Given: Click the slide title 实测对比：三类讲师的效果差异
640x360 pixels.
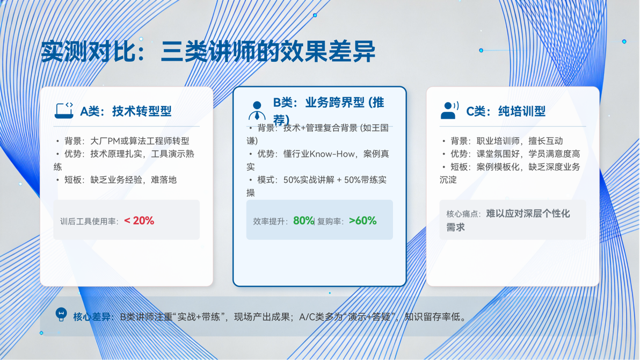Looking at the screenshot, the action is coord(208,52).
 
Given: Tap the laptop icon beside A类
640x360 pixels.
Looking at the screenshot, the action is coord(64,110).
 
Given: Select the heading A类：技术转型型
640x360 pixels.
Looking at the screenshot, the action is coord(126,111).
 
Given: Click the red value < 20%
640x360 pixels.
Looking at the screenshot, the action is coord(139,221).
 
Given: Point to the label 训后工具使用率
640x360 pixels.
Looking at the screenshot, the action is coord(89,221).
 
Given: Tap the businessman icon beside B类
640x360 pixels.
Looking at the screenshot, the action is coord(257,111).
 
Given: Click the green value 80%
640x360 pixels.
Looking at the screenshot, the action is coord(303,221).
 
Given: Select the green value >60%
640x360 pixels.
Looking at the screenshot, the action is coord(363,221).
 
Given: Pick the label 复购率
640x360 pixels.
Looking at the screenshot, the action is coord(329,221).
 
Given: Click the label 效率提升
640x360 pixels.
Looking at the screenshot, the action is coord(270,221).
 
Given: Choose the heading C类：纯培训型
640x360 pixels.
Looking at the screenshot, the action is coord(506,111).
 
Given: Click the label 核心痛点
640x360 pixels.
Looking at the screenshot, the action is coord(463,214).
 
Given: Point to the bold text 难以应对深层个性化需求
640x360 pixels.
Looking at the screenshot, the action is coord(508,220).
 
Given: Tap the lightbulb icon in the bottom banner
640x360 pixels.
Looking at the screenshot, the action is coord(61,314).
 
